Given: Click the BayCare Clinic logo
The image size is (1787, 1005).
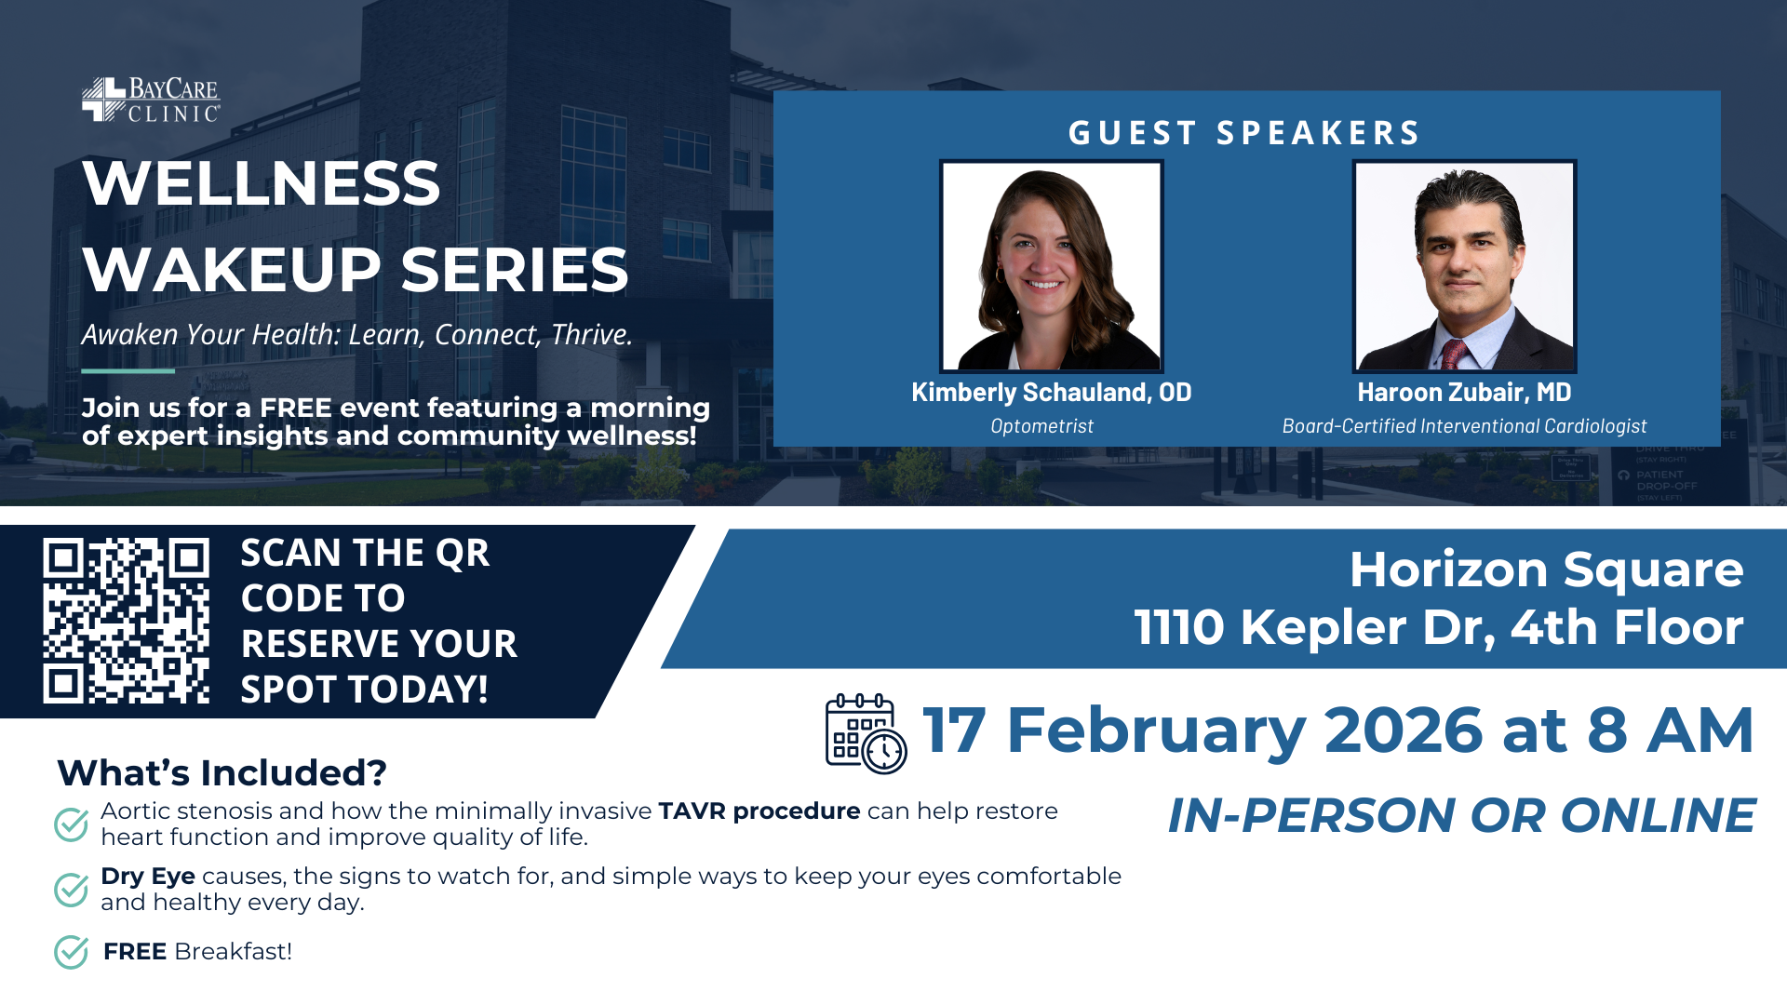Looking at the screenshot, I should [x=151, y=100].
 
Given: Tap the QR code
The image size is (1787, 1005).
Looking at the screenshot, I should [x=126, y=620].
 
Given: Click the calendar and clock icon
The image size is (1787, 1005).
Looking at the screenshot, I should [x=865, y=733].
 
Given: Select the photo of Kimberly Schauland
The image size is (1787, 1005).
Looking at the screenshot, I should [x=1051, y=266].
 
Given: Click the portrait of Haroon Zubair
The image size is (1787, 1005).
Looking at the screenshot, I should [x=1463, y=266].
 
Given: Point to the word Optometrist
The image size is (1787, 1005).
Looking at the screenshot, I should [x=1041, y=426].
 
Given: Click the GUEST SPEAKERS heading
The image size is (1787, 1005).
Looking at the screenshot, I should [x=1244, y=133].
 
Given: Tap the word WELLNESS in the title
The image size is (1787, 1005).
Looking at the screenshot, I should [x=262, y=183].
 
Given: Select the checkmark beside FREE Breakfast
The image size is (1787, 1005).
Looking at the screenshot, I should [x=71, y=952].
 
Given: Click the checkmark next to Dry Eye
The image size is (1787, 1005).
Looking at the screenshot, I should [x=71, y=890].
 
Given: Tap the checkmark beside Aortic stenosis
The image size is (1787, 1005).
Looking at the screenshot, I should [x=71, y=824].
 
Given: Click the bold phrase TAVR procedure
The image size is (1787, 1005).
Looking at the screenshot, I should [x=759, y=811].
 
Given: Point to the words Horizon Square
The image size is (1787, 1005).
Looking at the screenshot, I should [x=1546, y=569].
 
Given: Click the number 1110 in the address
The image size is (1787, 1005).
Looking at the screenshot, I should [x=1178, y=627].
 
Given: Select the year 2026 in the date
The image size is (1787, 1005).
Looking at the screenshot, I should [x=1403, y=730].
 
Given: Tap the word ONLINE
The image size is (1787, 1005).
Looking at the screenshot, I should [x=1658, y=816].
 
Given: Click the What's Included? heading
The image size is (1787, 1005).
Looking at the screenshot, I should [x=222, y=773].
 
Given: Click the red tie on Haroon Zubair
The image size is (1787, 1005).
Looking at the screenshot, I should [x=1454, y=355].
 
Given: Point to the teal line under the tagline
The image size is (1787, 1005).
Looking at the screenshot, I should [x=128, y=371].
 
